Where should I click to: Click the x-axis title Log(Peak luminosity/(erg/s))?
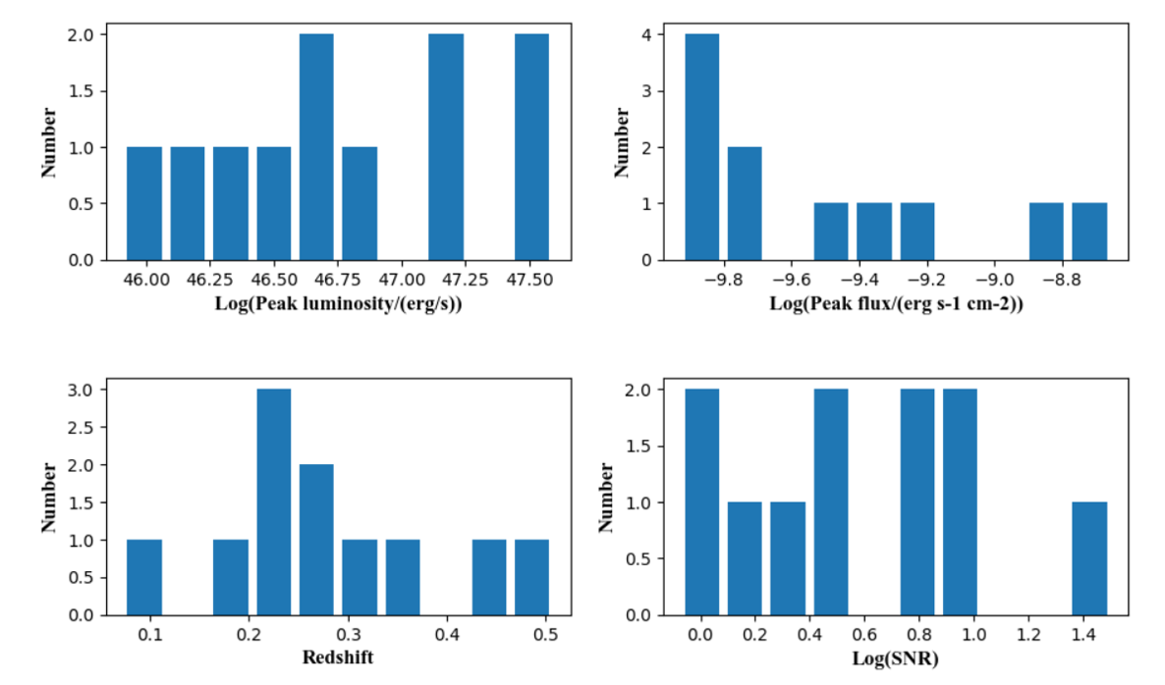[338, 303]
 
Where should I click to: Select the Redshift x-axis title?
[338, 659]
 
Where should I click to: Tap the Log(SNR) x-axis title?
[896, 659]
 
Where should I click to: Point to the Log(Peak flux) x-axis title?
[896, 303]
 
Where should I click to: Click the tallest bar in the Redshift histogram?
[274, 502]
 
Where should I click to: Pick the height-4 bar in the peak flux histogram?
[701, 147]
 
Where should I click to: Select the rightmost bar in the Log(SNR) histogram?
[1089, 559]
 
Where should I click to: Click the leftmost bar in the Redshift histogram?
[144, 577]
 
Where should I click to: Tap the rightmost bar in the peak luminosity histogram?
[532, 147]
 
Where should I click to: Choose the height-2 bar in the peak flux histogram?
[745, 203]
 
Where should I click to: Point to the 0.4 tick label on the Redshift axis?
[447, 635]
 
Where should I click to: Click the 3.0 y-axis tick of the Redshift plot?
[81, 390]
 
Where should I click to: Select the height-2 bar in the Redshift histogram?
[317, 540]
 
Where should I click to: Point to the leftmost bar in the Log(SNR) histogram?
[701, 502]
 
